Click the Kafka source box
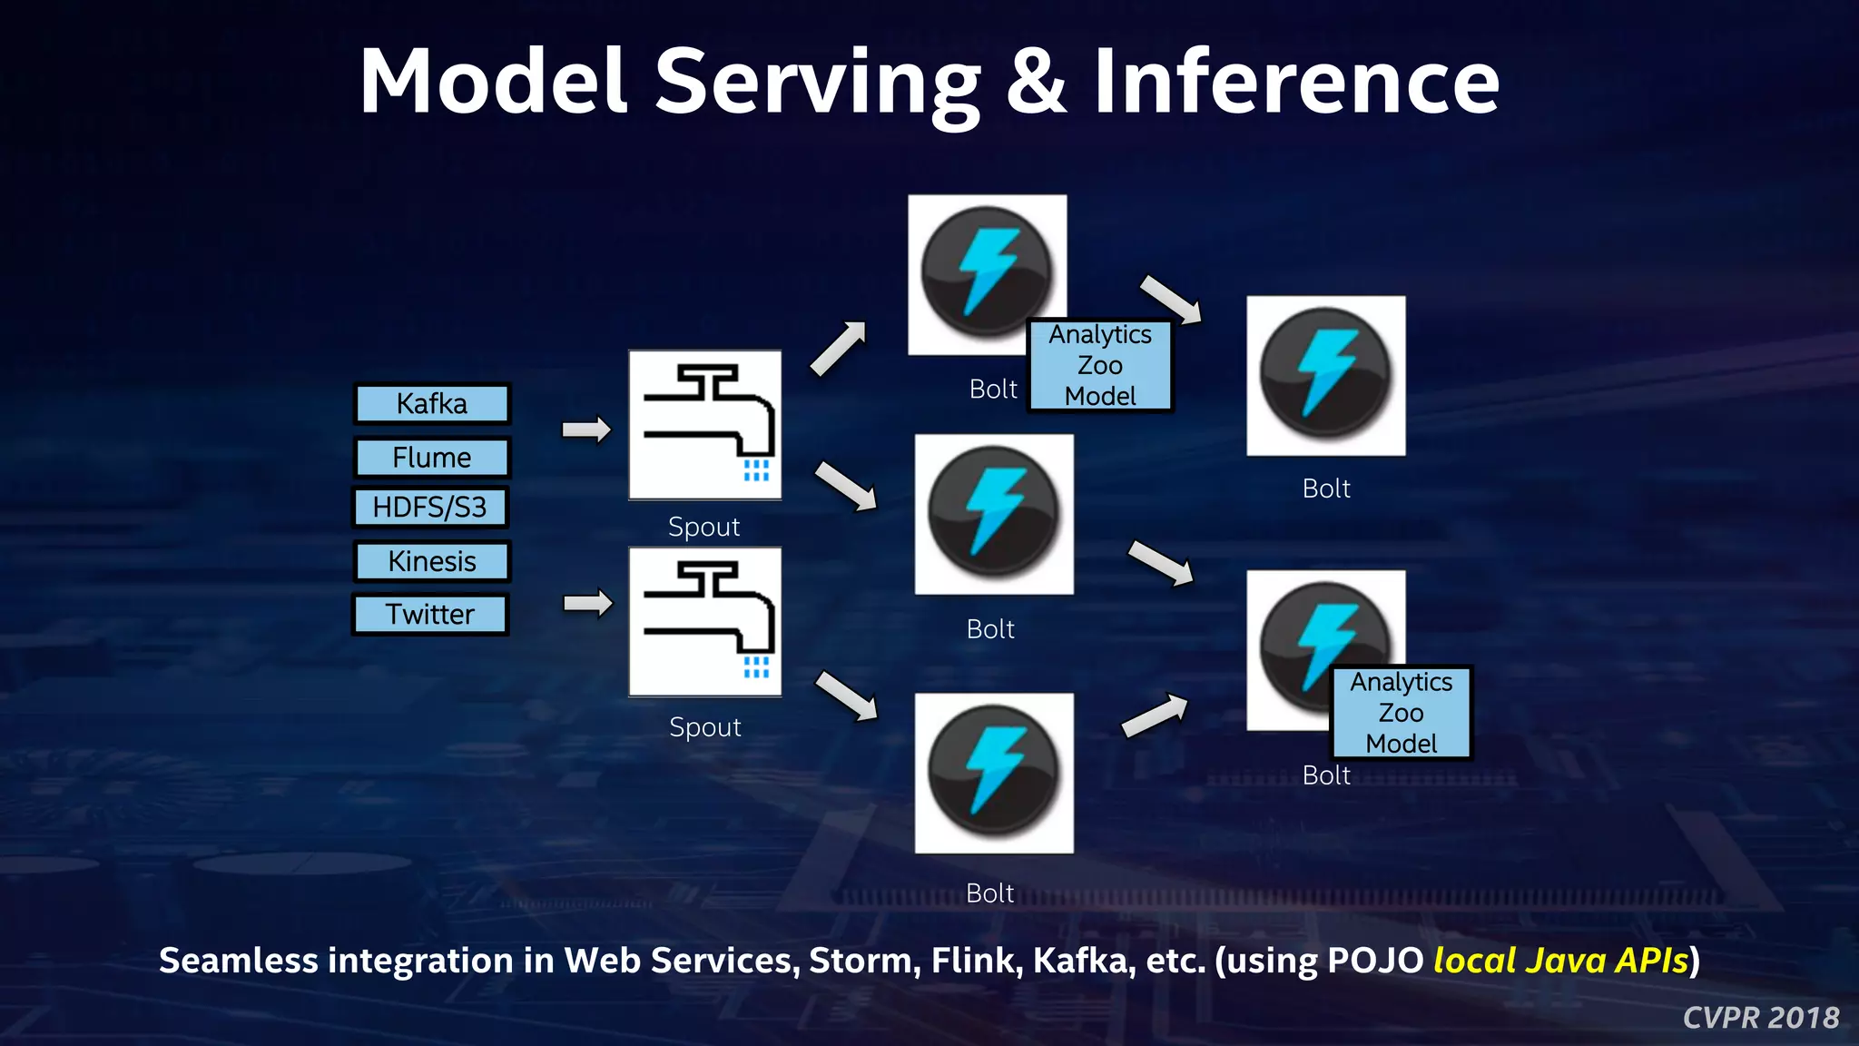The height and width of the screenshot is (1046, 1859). coord(432,404)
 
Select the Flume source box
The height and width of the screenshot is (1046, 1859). coord(432,458)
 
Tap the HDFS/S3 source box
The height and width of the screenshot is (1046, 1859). coord(430,508)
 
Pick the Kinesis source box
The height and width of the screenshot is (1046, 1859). coord(432,561)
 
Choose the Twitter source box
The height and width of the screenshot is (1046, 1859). coord(430,615)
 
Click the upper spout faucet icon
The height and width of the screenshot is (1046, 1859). coord(705,425)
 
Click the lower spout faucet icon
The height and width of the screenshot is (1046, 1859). coord(705,622)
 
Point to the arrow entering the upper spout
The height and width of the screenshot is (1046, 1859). coord(586,429)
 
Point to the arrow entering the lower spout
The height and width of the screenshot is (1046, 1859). coord(587,603)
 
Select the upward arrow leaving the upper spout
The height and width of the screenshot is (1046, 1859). coord(838,349)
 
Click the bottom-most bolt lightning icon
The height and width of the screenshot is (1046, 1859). coord(994,773)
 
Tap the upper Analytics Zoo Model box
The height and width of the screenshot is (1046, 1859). coord(1100,366)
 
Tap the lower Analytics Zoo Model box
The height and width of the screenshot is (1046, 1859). coord(1401,713)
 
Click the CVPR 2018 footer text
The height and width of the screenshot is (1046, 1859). coord(1761,1018)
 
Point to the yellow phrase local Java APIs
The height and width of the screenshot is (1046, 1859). coord(1560,961)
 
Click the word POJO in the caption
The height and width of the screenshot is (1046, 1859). coord(1375,961)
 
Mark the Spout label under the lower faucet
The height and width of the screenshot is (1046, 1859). coord(705,727)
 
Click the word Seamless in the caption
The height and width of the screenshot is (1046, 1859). coord(238,961)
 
